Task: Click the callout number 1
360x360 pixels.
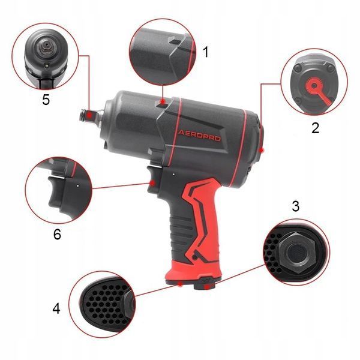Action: point(206,52)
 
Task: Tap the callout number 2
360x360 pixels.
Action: point(315,128)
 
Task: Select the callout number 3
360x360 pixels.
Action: point(295,206)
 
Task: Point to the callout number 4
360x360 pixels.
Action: point(56,308)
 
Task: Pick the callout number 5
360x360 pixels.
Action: point(46,100)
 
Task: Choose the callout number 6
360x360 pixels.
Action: point(57,234)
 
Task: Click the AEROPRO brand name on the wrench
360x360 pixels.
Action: point(199,136)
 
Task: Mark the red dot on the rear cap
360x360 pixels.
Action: point(262,150)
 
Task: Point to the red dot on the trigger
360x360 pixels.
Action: point(152,183)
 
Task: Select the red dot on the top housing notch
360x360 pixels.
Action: point(163,101)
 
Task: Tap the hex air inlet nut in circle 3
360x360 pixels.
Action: point(296,253)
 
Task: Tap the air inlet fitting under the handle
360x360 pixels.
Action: point(205,284)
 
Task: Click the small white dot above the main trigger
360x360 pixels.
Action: point(173,175)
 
